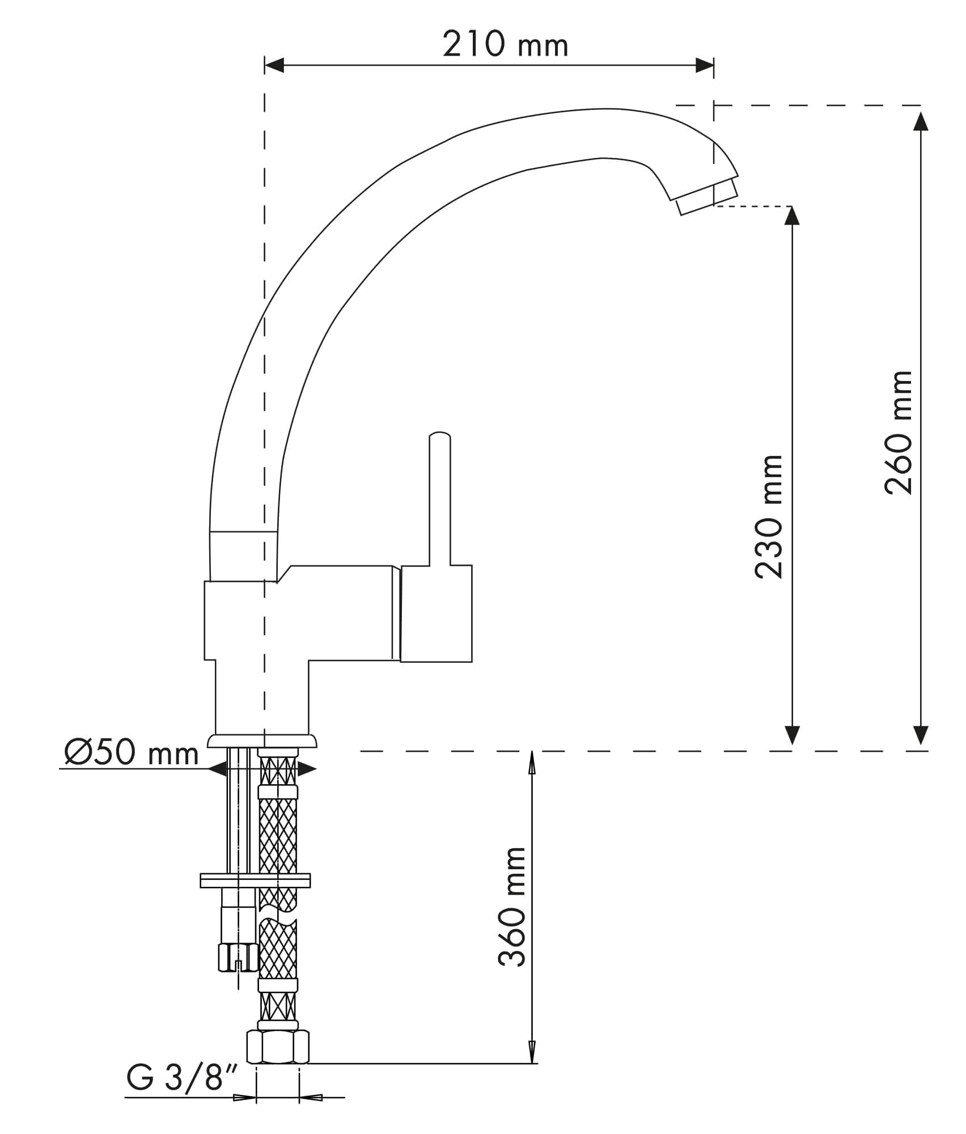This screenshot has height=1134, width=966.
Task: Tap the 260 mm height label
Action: pyautogui.click(x=899, y=433)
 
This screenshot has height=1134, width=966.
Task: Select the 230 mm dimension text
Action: pyautogui.click(x=769, y=517)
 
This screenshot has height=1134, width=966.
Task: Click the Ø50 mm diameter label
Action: pyautogui.click(x=131, y=754)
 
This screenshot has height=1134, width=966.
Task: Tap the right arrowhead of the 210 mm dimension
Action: pyautogui.click(x=704, y=65)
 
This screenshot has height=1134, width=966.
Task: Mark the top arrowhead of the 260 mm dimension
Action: pyautogui.click(x=921, y=121)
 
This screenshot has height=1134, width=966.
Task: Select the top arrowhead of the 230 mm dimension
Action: pyautogui.click(x=792, y=215)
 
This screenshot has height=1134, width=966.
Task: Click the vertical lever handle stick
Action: pyautogui.click(x=440, y=499)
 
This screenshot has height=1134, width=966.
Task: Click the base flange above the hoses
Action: pyautogui.click(x=262, y=741)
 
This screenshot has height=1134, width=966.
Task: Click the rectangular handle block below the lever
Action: pyautogui.click(x=436, y=613)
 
